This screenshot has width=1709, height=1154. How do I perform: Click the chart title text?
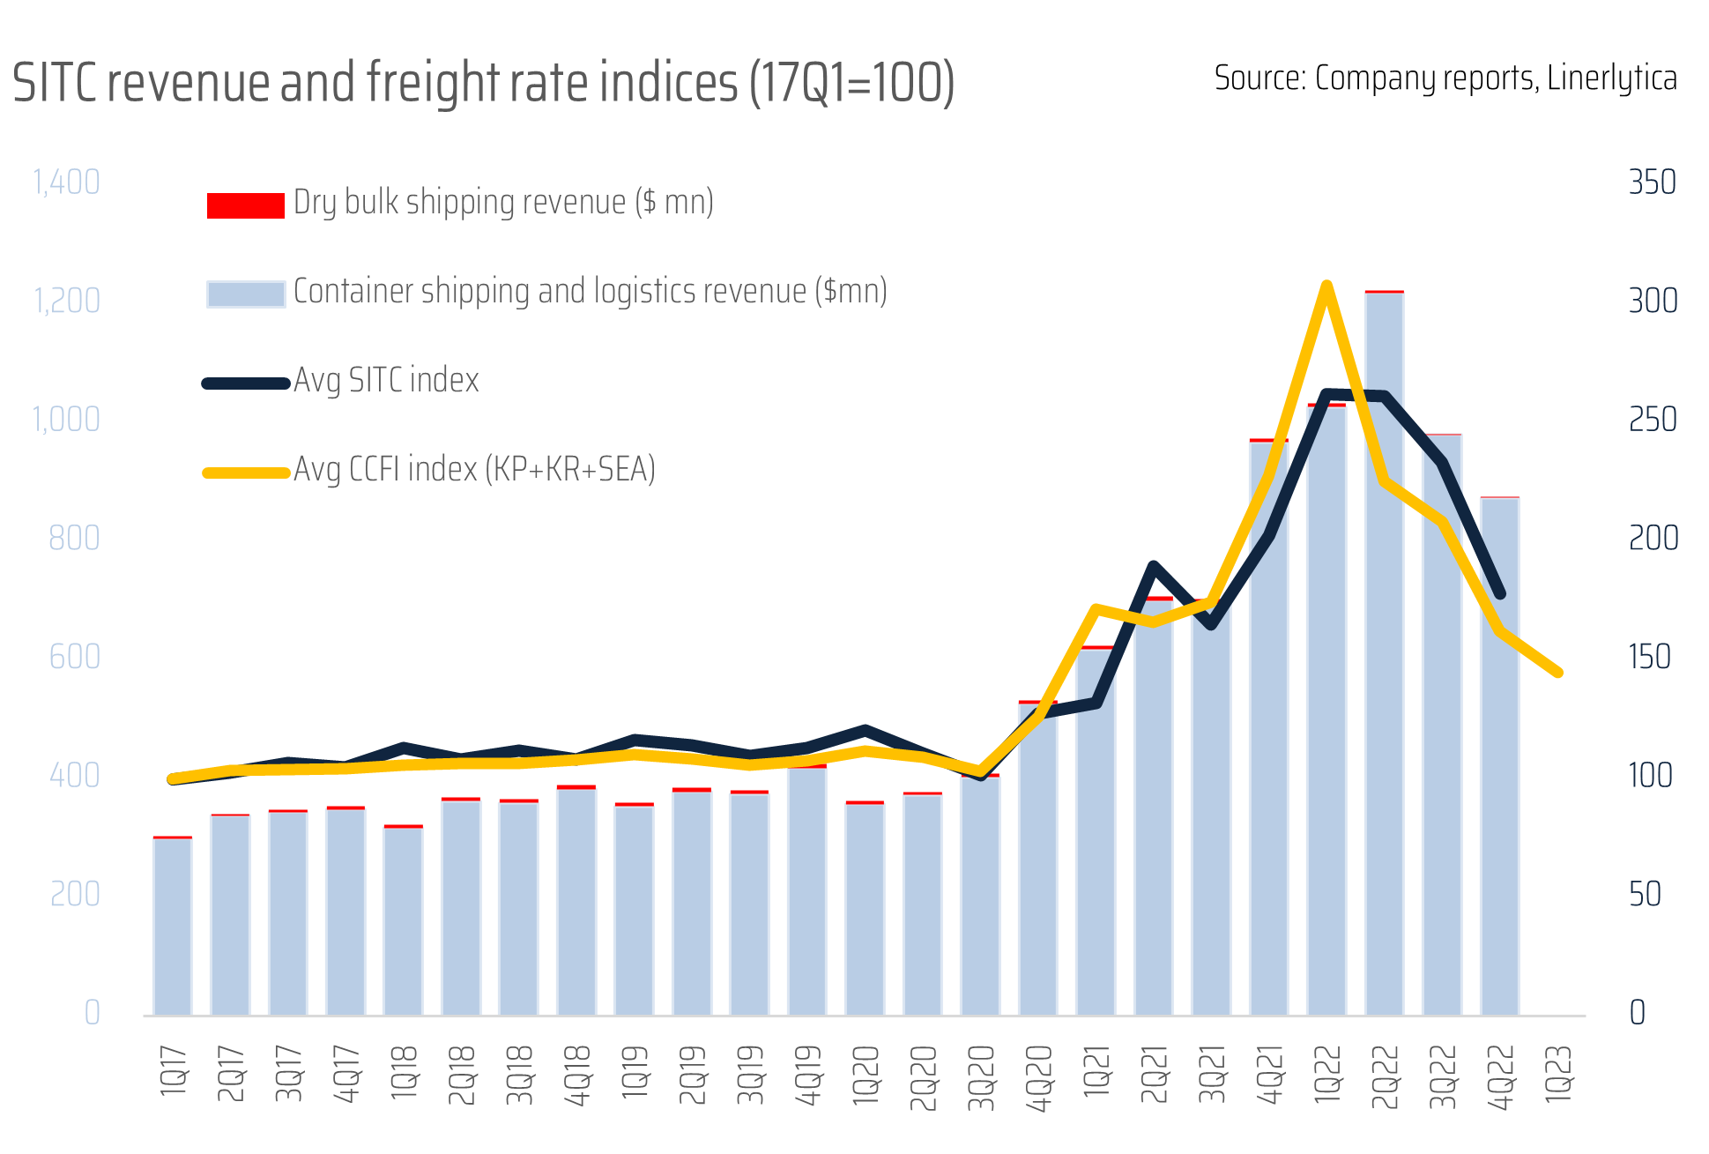tap(483, 83)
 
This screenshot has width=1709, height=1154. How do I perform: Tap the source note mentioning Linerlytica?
tap(1445, 78)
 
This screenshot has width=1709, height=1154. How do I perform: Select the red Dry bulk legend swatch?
tap(245, 205)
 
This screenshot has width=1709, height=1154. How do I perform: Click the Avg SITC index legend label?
tap(386, 381)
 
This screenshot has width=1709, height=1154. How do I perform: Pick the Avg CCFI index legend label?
tap(474, 470)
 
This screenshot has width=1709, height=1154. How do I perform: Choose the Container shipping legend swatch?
tap(245, 294)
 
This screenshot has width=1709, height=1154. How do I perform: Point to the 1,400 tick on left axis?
tap(66, 182)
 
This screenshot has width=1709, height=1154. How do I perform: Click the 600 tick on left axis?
tap(75, 657)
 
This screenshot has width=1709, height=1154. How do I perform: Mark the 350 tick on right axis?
tap(1652, 182)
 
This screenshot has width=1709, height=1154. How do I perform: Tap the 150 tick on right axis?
tap(1650, 657)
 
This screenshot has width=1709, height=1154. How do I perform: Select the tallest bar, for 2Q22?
tap(1385, 652)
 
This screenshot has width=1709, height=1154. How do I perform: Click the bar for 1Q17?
tap(173, 926)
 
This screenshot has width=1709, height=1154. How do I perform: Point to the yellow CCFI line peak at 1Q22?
tap(1326, 286)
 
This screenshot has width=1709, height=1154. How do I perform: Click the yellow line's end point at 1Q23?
tap(1558, 672)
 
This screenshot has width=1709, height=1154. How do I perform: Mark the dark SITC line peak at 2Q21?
tap(1153, 566)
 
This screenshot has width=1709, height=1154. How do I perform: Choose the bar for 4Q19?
tap(807, 890)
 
